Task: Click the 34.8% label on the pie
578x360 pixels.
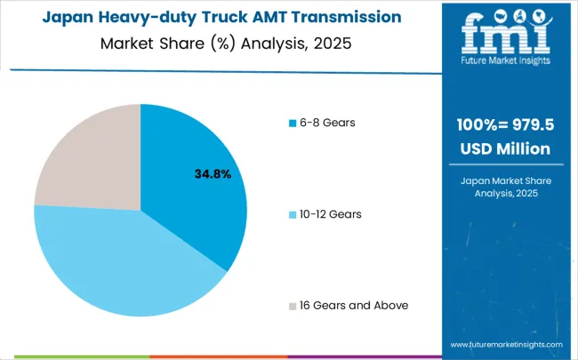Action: (x=213, y=174)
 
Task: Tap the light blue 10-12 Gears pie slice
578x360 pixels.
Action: (x=124, y=267)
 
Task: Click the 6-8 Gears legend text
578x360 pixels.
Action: (x=330, y=122)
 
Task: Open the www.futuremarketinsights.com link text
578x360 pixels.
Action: (x=506, y=343)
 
